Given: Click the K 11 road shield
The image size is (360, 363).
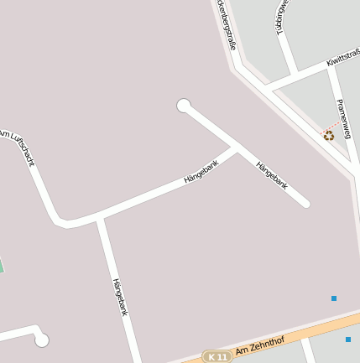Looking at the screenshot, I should (217, 357).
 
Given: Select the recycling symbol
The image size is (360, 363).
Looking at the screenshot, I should (329, 135).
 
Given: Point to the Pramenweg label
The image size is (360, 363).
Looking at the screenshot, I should (343, 118).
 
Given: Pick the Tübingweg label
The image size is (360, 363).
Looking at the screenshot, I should (283, 15).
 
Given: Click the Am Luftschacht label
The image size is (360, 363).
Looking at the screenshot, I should (18, 147).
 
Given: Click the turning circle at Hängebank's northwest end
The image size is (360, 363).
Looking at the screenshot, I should (184, 105).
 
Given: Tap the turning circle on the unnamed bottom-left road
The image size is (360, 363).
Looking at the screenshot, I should (41, 340).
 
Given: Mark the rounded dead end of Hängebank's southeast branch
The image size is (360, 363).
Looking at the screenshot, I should (305, 203).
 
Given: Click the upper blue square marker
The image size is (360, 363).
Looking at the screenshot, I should (333, 298).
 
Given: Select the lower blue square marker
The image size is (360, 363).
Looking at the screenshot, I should (348, 340).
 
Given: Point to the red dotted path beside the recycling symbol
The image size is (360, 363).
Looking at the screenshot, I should (335, 125).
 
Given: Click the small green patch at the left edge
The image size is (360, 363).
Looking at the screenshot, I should (2, 266).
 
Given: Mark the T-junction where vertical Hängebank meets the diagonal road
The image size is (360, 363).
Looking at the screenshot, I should (100, 218).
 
